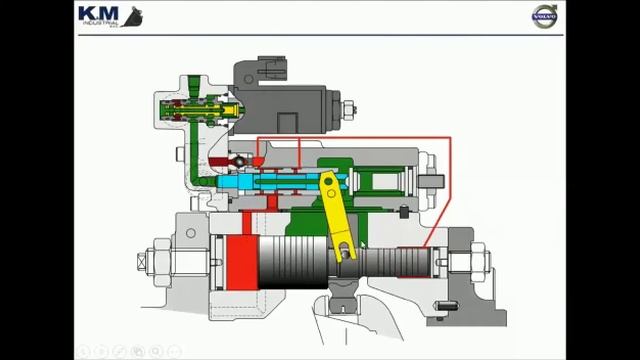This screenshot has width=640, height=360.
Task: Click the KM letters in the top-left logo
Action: (97, 15)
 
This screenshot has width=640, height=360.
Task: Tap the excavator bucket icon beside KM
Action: (131, 17)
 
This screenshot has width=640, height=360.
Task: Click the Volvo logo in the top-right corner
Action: (544, 17)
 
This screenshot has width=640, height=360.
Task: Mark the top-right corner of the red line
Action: (451, 138)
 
